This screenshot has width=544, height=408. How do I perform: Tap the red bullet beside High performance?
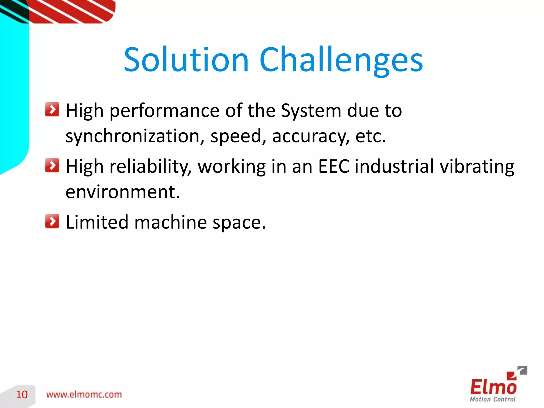pyautogui.click(x=52, y=109)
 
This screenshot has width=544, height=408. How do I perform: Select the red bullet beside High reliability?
pyautogui.click(x=52, y=165)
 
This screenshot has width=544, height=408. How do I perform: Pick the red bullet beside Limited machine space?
pyautogui.click(x=52, y=221)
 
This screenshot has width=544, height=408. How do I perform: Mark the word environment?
pyautogui.click(x=123, y=192)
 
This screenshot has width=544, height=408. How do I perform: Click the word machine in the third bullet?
pyautogui.click(x=171, y=222)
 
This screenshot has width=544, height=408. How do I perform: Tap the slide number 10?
pyautogui.click(x=22, y=395)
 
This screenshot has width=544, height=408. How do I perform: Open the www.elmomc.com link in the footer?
pyautogui.click(x=84, y=395)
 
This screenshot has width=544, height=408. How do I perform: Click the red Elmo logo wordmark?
pyautogui.click(x=493, y=386)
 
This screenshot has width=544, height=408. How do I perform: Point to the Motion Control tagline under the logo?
pyautogui.click(x=492, y=399)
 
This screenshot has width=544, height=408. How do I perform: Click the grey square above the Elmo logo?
pyautogui.click(x=523, y=370)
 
